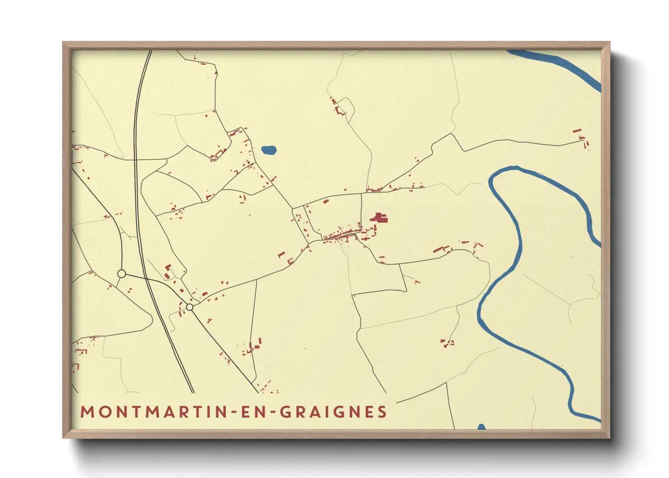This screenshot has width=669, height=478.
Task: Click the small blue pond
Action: point(269,150)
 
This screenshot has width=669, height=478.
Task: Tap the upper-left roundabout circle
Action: point(121,273)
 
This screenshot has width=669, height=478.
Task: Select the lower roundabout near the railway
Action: point(190,307)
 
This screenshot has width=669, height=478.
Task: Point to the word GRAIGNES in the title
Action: point(334,412)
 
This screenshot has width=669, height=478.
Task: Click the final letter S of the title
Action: point(382,412)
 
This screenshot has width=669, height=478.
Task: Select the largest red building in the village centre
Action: point(380,218)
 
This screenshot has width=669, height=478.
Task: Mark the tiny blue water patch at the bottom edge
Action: point(481,426)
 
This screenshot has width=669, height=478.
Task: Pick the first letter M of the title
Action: point(86,412)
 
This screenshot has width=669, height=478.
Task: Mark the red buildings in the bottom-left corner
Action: point(80,350)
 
